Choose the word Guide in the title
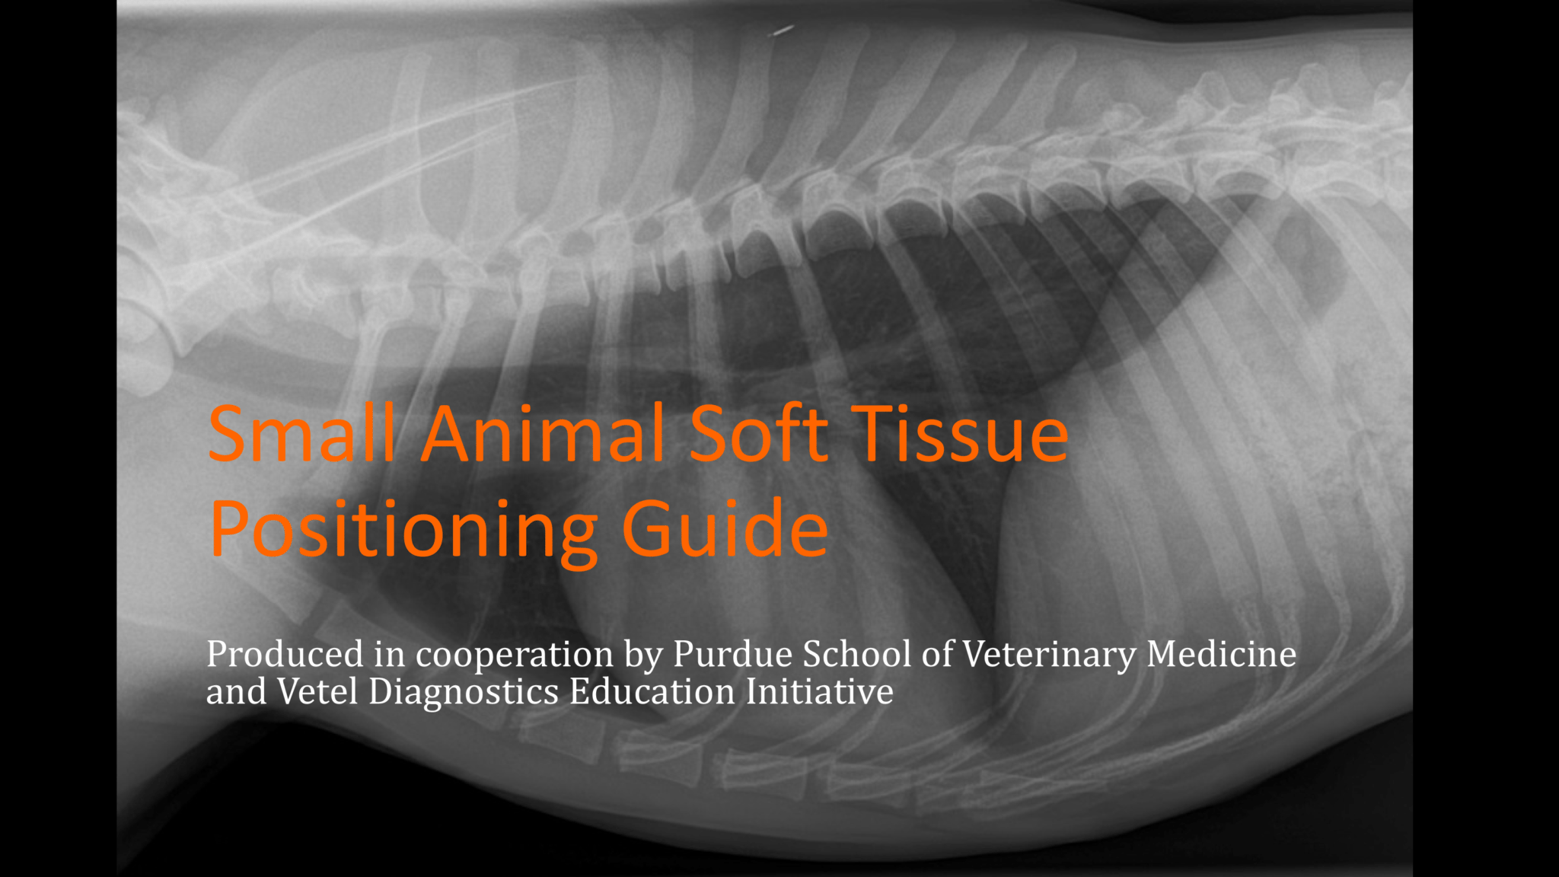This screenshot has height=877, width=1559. [x=725, y=528]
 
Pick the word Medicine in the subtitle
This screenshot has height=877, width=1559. [x=1221, y=654]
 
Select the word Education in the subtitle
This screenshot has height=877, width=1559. [x=652, y=691]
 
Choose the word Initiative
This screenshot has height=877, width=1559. [x=819, y=691]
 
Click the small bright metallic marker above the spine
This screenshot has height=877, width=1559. [x=781, y=31]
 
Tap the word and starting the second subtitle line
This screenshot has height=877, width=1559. [x=236, y=692]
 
